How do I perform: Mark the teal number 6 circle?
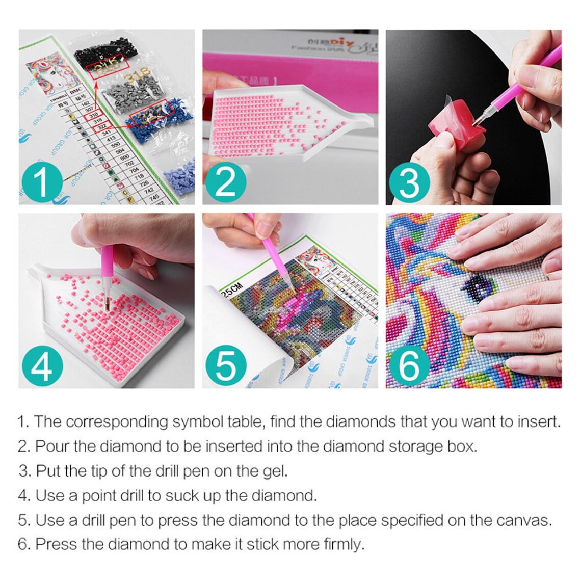tap(408, 366)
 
